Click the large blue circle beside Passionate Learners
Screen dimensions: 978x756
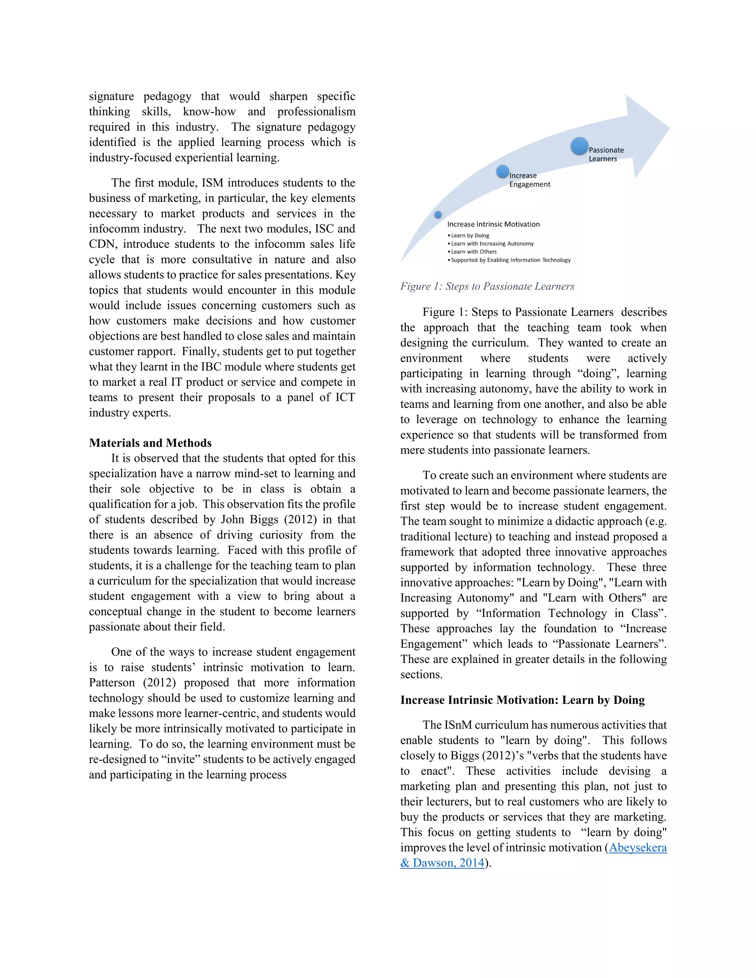click(x=579, y=147)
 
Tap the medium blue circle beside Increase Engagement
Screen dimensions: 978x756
click(x=502, y=172)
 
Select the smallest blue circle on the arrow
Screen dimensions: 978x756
click(x=438, y=214)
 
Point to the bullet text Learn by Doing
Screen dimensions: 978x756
click(x=470, y=235)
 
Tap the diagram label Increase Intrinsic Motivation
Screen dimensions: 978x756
click(x=493, y=224)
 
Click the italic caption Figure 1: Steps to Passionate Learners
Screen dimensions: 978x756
click(x=487, y=287)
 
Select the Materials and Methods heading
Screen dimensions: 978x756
click(x=150, y=443)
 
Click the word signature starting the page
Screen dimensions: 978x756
click(x=111, y=97)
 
